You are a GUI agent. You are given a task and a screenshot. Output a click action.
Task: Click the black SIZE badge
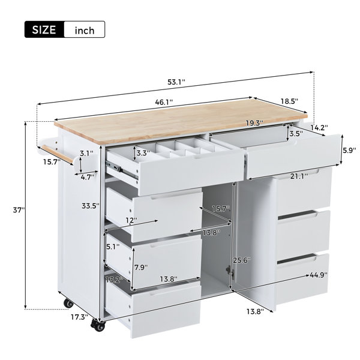44,29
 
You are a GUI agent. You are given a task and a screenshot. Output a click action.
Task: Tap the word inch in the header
85,30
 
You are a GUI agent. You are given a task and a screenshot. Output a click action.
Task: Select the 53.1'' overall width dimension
176,82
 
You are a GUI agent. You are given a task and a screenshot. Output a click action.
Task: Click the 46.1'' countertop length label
164,102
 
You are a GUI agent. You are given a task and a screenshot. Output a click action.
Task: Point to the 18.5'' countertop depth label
289,101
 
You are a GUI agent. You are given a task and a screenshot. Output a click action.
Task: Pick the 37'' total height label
19,210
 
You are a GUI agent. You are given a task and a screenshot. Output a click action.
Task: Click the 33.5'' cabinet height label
91,206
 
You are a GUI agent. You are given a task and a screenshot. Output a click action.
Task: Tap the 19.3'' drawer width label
254,123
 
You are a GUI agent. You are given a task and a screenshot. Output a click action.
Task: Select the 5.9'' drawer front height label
349,150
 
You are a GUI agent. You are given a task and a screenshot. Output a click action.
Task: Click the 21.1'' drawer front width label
299,176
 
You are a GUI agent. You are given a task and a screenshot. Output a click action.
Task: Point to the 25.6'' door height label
242,260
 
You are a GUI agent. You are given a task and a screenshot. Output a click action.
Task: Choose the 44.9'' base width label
319,275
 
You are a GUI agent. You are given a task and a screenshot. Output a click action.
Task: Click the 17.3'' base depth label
79,317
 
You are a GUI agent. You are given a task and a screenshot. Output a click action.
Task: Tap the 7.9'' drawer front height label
141,267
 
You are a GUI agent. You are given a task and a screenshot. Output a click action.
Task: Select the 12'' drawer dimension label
131,220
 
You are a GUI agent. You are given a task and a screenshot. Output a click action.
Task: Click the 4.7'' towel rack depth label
87,177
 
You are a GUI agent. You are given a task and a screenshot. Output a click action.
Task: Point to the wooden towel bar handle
58,154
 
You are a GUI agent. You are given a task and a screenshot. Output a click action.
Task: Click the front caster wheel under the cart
98,325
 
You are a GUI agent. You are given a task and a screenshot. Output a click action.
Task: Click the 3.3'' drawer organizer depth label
143,152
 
